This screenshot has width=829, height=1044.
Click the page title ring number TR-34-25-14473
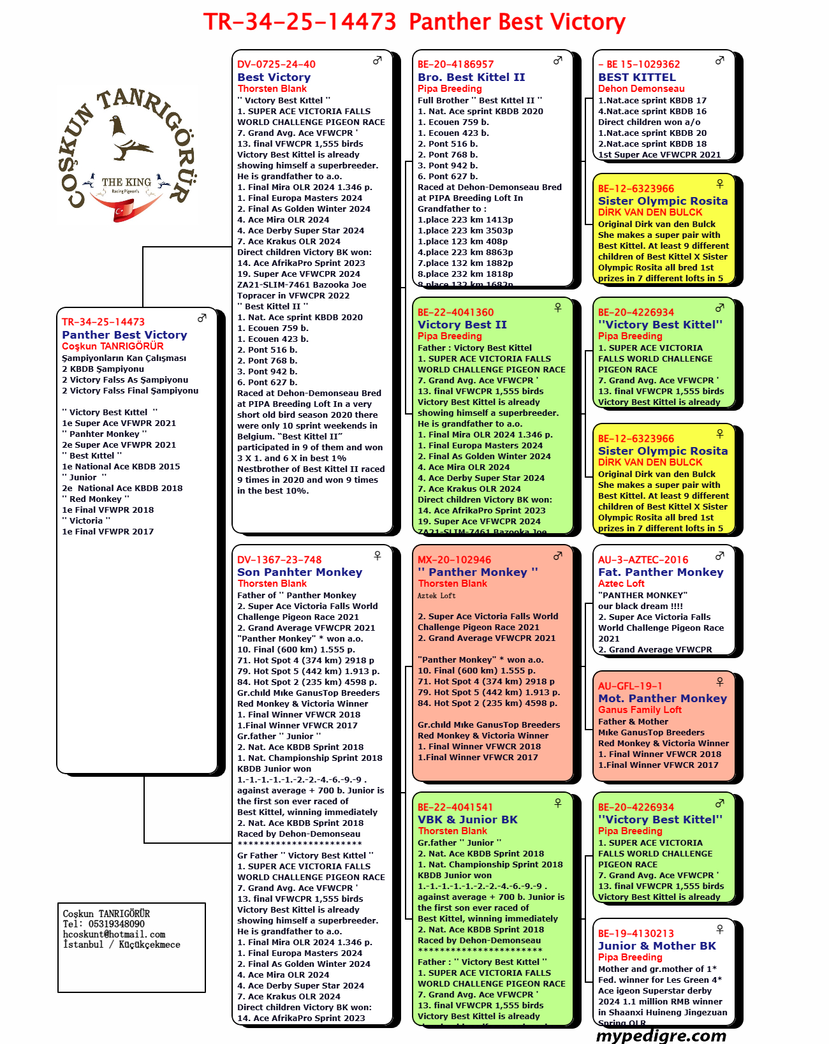click(300, 22)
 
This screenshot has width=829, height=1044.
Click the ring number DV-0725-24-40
click(276, 64)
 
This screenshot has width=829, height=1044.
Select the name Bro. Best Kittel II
click(471, 77)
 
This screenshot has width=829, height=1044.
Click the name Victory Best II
click(462, 325)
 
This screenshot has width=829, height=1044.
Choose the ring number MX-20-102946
click(454, 560)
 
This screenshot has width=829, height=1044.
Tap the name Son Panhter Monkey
click(300, 572)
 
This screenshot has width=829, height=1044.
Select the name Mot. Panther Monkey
click(662, 698)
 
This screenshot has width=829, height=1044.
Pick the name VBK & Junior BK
click(467, 820)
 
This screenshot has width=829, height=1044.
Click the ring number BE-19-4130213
click(636, 934)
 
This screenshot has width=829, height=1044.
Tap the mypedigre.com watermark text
click(661, 1036)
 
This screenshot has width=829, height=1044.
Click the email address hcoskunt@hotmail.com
click(114, 934)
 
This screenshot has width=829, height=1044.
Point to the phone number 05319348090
click(116, 924)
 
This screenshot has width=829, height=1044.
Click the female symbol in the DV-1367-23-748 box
click(378, 555)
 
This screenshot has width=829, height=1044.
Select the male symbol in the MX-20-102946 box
click(558, 555)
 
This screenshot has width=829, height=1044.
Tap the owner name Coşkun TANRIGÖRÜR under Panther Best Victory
click(113, 346)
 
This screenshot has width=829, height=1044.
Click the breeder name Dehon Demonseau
click(641, 89)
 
